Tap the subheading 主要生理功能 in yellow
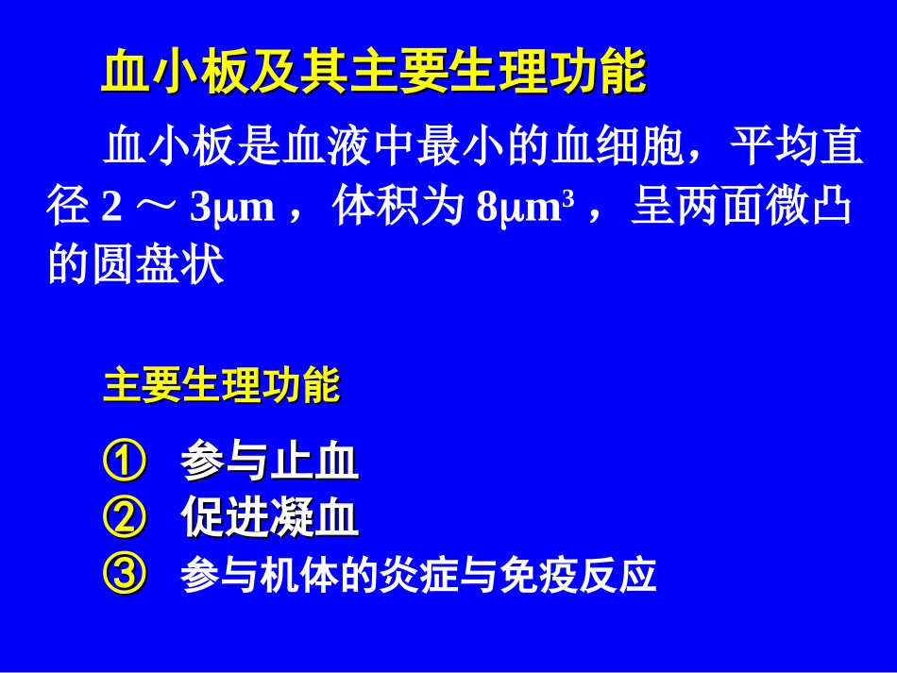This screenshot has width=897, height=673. (222, 386)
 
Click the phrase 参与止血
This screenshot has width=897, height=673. (270, 463)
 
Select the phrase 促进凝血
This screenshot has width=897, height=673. (270, 518)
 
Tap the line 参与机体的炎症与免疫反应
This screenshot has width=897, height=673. (418, 575)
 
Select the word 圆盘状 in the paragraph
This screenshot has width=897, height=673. (158, 267)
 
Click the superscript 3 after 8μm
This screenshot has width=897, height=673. (568, 200)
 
